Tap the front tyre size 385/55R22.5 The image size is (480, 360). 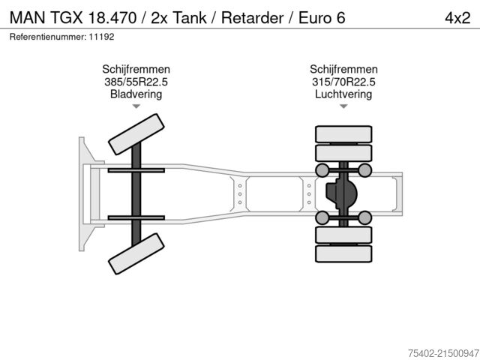pos(136,82)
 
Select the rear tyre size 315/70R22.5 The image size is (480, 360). pos(343,82)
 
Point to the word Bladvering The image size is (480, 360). pos(136,94)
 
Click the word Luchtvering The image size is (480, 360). pos(343,94)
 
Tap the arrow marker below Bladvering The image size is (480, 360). pos(136,107)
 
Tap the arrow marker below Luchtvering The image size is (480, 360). pos(343,107)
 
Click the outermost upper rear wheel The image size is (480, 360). pos(343,135)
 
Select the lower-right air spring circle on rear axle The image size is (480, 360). pos(364,217)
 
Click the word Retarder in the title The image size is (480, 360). pos(244,17)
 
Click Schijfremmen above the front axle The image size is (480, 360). pos(136,69)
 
